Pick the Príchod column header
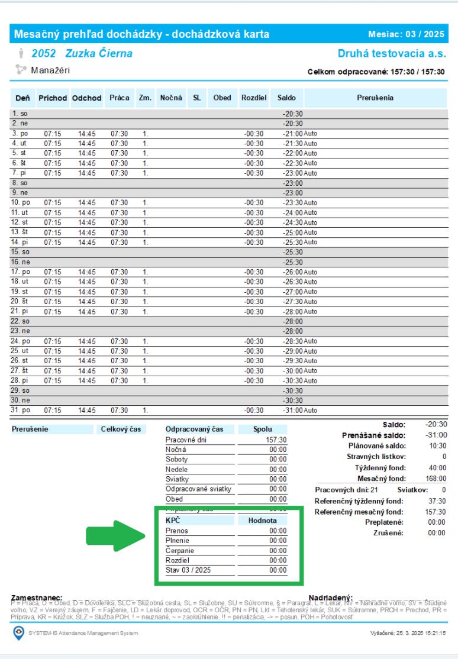tap(53, 96)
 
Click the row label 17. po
tap(21, 272)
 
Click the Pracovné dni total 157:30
tap(278, 440)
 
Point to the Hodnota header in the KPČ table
tap(262, 520)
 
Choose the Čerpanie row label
tap(179, 550)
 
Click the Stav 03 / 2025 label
tap(188, 570)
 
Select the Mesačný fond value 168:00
tap(436, 478)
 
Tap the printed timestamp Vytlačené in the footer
tap(408, 634)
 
